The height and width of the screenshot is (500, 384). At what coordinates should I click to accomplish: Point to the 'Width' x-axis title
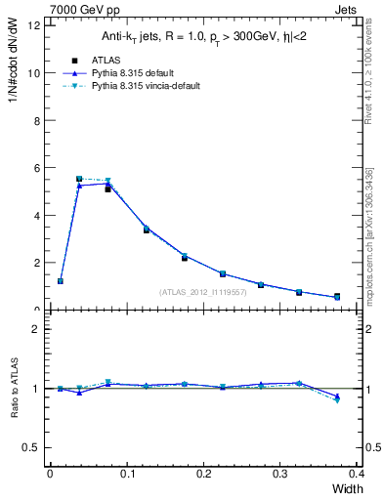click(349, 487)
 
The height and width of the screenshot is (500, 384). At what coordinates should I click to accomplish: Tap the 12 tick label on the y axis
click(33, 25)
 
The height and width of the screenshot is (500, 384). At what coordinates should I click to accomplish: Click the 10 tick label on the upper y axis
click(33, 73)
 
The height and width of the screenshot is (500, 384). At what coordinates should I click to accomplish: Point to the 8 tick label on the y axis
click(36, 120)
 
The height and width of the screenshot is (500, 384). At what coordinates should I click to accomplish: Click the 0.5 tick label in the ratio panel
click(32, 447)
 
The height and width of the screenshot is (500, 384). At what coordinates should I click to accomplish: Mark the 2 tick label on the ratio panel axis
click(36, 329)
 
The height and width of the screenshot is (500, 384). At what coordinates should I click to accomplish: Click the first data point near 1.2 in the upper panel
click(61, 281)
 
